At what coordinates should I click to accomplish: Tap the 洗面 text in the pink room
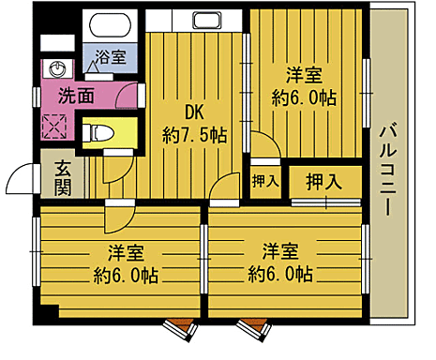point(76,95)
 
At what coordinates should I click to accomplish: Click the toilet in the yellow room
point(99,133)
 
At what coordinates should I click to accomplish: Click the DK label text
point(194,112)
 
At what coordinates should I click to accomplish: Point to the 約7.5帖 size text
point(194,135)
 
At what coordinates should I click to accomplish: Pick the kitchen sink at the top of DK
point(206,21)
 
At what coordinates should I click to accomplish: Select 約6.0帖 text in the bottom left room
point(125,276)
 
